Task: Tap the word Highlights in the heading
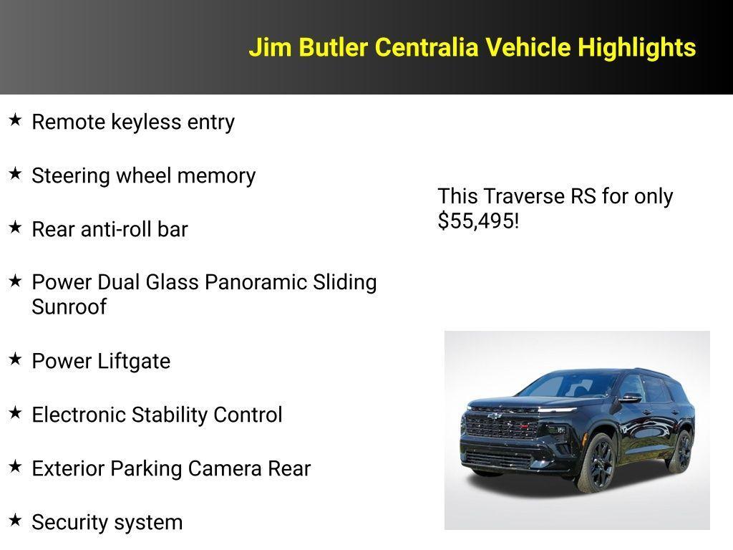tap(636, 48)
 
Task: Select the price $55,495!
tap(478, 221)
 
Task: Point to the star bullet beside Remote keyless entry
tap(15, 120)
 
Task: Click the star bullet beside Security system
tap(15, 521)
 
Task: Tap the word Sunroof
tap(69, 307)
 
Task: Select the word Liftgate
tap(134, 361)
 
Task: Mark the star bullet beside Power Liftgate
tap(15, 360)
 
